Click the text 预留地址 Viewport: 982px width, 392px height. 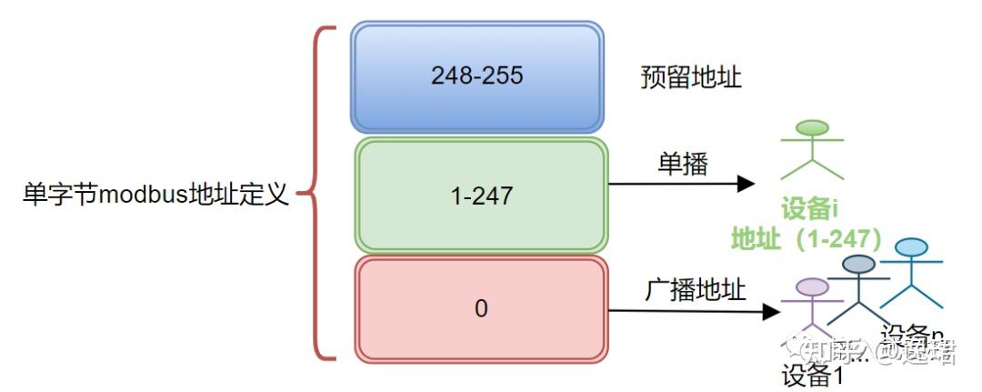[x=691, y=77]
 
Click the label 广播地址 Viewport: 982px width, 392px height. [x=696, y=290]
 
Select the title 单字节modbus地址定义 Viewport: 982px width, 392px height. [x=155, y=194]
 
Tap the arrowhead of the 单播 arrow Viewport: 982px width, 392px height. [x=745, y=184]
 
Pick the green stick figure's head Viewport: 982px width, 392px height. [x=812, y=128]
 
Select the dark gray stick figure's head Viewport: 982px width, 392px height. [x=857, y=265]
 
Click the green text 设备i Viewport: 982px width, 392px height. [x=807, y=210]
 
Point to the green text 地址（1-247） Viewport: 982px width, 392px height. [x=807, y=238]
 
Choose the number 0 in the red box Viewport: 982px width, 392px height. [x=481, y=308]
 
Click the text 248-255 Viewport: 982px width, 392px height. [x=477, y=75]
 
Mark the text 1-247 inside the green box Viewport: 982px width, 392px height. [x=481, y=195]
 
